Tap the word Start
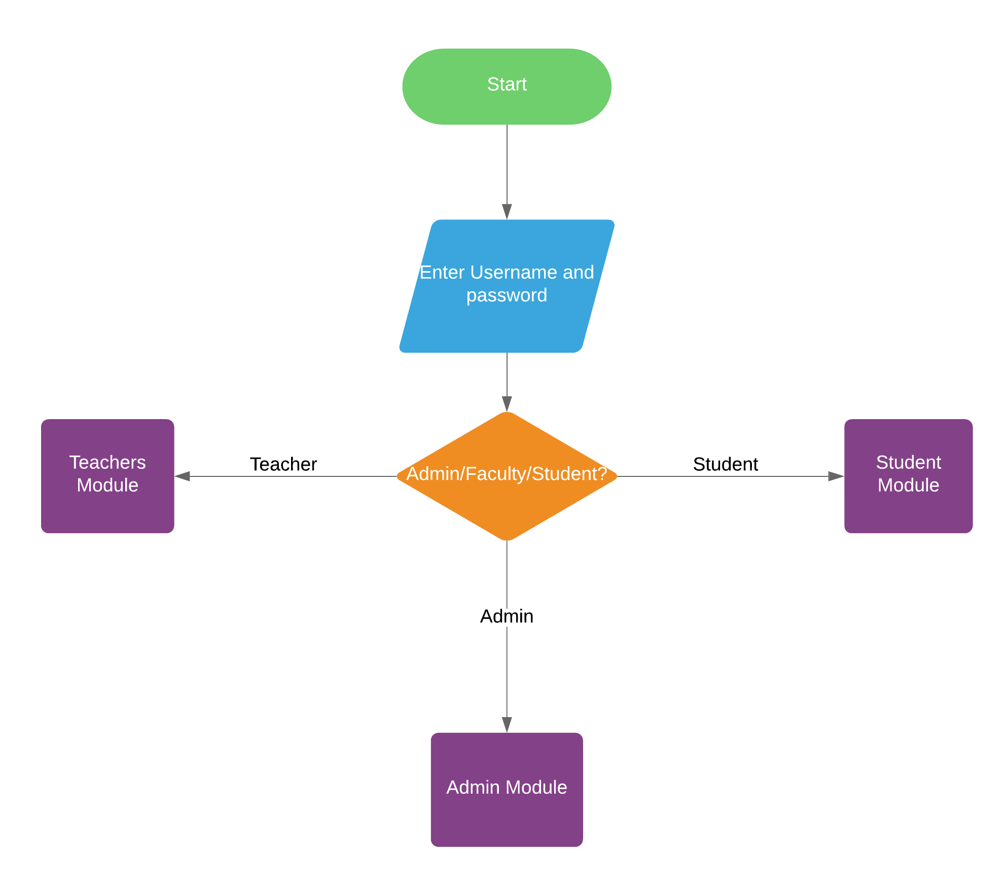point(507,84)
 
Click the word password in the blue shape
point(507,295)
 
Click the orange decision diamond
point(507,507)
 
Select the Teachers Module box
point(107,512)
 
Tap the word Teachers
point(107,462)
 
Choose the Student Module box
point(908,512)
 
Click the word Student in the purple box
point(908,462)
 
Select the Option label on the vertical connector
point(507,616)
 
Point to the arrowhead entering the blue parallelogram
point(507,212)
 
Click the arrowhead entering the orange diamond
point(507,404)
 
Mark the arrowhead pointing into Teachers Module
point(182,476)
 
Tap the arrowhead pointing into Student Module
point(836,476)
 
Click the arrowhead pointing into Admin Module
point(507,725)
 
